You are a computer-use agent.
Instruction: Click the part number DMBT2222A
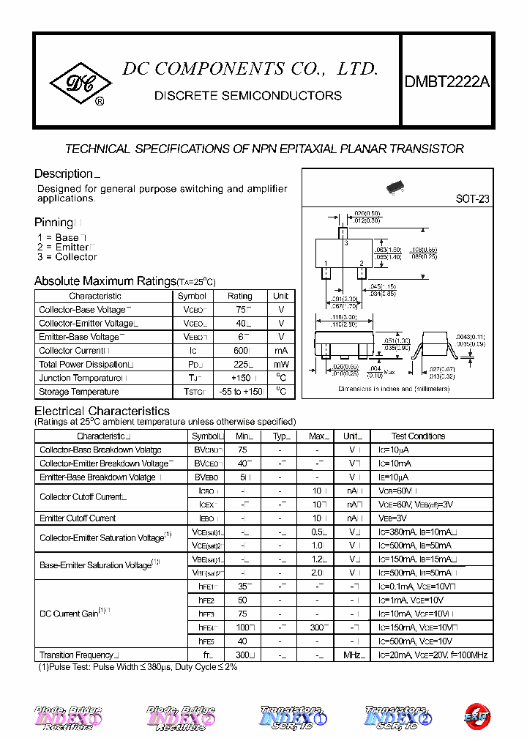coord(446,83)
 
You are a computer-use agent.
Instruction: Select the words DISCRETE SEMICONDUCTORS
coord(247,96)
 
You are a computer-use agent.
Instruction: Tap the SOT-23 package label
coord(472,198)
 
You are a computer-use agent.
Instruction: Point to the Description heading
coord(64,174)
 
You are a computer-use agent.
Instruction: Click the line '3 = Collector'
coord(67,257)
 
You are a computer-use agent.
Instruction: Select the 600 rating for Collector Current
coord(239,351)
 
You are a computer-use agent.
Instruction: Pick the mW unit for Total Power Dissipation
coord(281,365)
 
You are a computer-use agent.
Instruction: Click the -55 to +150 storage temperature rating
coord(241,392)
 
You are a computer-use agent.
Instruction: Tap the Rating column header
coord(239,297)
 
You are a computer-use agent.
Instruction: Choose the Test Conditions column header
coord(418,436)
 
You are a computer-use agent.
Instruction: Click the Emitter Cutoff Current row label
coord(78,518)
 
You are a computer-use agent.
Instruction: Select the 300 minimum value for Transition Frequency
coord(243,655)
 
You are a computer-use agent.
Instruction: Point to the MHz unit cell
coord(354,655)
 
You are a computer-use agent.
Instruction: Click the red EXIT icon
coord(476,716)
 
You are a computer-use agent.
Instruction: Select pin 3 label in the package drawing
coord(345,241)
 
